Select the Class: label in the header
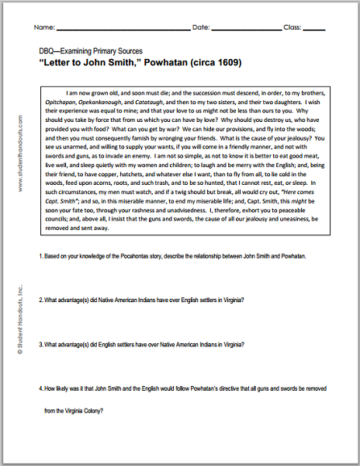click(291, 26)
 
